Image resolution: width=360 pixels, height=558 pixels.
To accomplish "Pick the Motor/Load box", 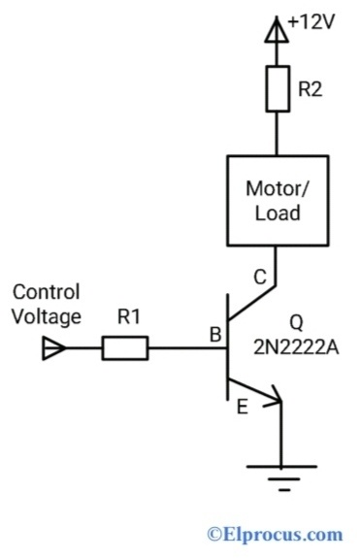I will click(x=277, y=199).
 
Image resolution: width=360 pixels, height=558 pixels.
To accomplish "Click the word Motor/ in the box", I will click(x=277, y=187).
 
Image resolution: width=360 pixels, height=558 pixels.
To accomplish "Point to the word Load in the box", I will click(x=277, y=213).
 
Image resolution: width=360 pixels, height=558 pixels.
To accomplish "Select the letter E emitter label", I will click(x=242, y=408).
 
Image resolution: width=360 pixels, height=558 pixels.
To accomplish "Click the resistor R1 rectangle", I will click(x=125, y=347).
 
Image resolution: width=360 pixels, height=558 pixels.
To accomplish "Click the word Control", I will click(x=46, y=292).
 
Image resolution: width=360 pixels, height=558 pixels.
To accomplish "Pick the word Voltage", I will click(x=46, y=316).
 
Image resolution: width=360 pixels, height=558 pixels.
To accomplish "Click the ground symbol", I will click(x=278, y=475).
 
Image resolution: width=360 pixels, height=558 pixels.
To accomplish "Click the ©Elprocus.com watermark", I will click(x=275, y=534).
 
